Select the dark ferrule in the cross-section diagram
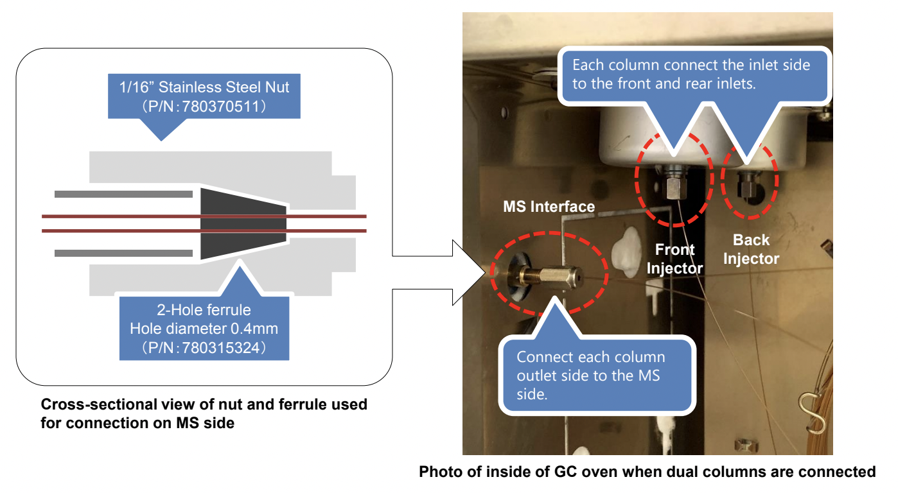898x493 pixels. coord(243,223)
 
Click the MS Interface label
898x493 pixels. coord(549,207)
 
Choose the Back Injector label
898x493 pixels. coord(751,249)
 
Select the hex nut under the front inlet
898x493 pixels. coord(674,185)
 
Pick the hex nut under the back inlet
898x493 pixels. coord(747,184)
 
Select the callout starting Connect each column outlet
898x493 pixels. coord(597,376)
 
